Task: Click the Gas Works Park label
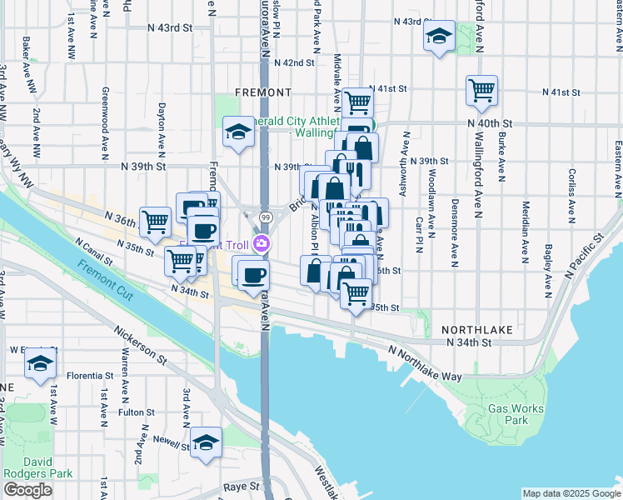516,414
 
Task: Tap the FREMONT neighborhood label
263,92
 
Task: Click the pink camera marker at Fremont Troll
262,243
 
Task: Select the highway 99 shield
263,217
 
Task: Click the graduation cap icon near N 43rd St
439,36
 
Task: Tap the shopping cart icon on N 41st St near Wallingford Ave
482,90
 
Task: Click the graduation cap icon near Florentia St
39,362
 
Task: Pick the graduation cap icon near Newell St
206,442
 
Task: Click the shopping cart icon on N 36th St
155,222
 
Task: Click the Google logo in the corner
27,490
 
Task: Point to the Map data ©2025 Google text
571,493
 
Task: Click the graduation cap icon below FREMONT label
239,132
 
